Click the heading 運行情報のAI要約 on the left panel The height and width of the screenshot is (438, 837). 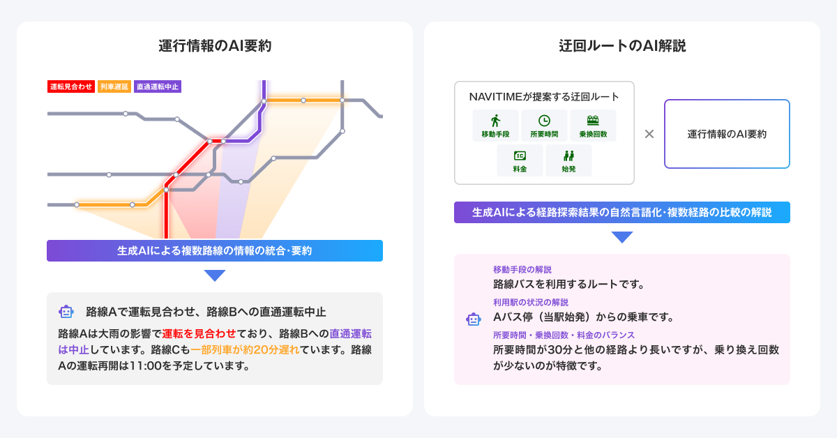[215, 47]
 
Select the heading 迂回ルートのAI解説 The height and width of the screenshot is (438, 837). [622, 47]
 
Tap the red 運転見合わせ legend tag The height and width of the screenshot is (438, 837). [71, 87]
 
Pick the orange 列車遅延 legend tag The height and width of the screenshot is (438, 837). [114, 87]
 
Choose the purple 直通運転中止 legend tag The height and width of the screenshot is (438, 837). [158, 87]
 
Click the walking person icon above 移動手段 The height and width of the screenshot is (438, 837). [495, 120]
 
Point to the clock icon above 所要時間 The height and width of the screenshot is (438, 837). [544, 120]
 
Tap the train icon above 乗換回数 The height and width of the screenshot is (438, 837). [593, 120]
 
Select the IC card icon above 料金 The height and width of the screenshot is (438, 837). [520, 155]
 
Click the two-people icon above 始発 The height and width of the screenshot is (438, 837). [568, 155]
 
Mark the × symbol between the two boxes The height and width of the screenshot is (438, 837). [649, 134]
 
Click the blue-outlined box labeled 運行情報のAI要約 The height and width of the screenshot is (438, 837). [727, 134]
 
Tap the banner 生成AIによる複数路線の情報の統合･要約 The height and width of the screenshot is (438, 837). [215, 251]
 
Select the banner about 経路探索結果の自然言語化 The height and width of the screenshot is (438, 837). [622, 212]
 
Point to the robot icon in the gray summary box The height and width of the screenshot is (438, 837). [67, 312]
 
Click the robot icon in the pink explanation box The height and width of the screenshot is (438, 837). [474, 319]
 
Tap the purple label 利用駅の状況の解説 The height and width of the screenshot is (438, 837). [531, 302]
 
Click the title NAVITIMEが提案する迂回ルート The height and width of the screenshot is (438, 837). [544, 96]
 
